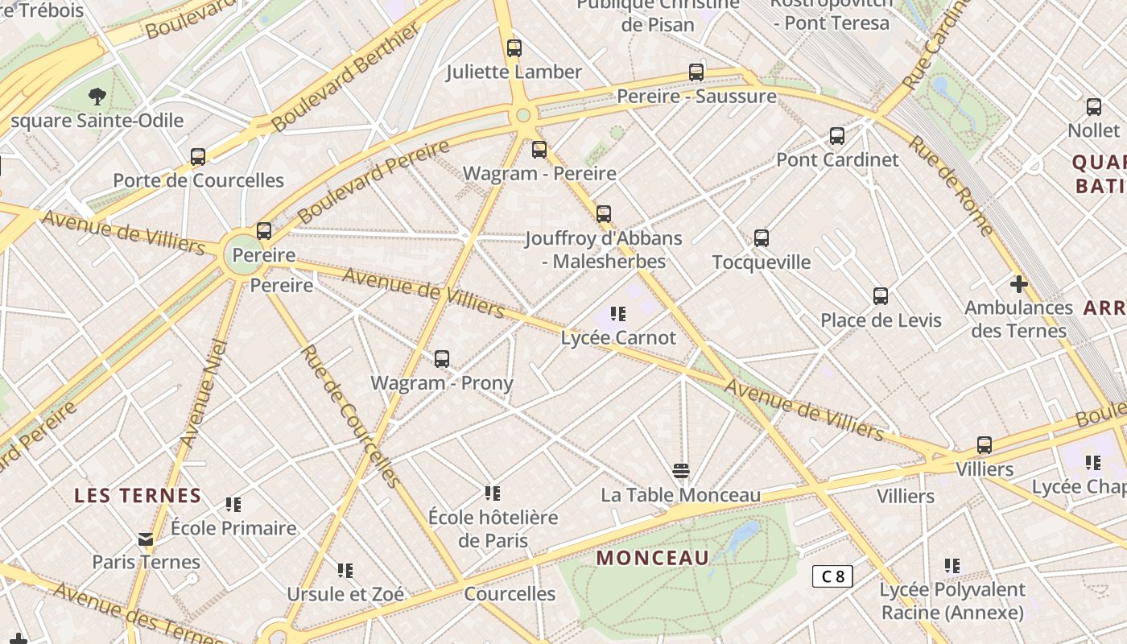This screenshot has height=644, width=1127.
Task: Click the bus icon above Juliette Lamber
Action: click(x=514, y=48)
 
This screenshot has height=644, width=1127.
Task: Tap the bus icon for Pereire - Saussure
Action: click(x=696, y=72)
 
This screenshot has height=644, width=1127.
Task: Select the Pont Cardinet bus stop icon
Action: click(x=837, y=136)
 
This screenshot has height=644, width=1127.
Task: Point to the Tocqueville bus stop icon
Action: click(x=762, y=238)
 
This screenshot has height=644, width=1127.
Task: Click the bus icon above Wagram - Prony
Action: click(x=442, y=359)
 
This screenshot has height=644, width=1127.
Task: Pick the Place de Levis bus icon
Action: click(x=881, y=296)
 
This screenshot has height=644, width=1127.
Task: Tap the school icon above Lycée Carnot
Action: click(x=618, y=314)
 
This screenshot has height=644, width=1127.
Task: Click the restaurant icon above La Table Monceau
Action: click(x=681, y=471)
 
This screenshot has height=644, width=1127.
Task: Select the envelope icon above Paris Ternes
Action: click(x=146, y=539)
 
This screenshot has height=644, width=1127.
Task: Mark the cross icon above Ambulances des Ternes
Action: click(x=1019, y=284)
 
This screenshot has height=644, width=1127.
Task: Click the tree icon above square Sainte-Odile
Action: click(x=97, y=97)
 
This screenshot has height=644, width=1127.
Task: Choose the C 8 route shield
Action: click(x=832, y=576)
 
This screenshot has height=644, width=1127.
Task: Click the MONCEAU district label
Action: click(x=653, y=558)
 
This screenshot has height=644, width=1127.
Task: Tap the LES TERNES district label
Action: click(x=138, y=496)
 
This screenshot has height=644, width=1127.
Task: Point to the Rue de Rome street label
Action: click(x=952, y=184)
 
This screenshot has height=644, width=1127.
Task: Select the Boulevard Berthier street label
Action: click(x=347, y=76)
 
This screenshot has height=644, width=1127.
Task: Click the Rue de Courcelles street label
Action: click(x=350, y=416)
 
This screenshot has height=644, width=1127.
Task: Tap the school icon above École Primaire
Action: click(x=233, y=505)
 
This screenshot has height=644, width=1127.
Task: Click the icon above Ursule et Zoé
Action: click(x=345, y=571)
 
